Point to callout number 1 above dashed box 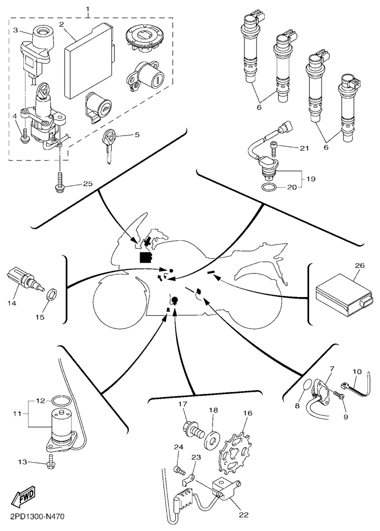tap(88, 9)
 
